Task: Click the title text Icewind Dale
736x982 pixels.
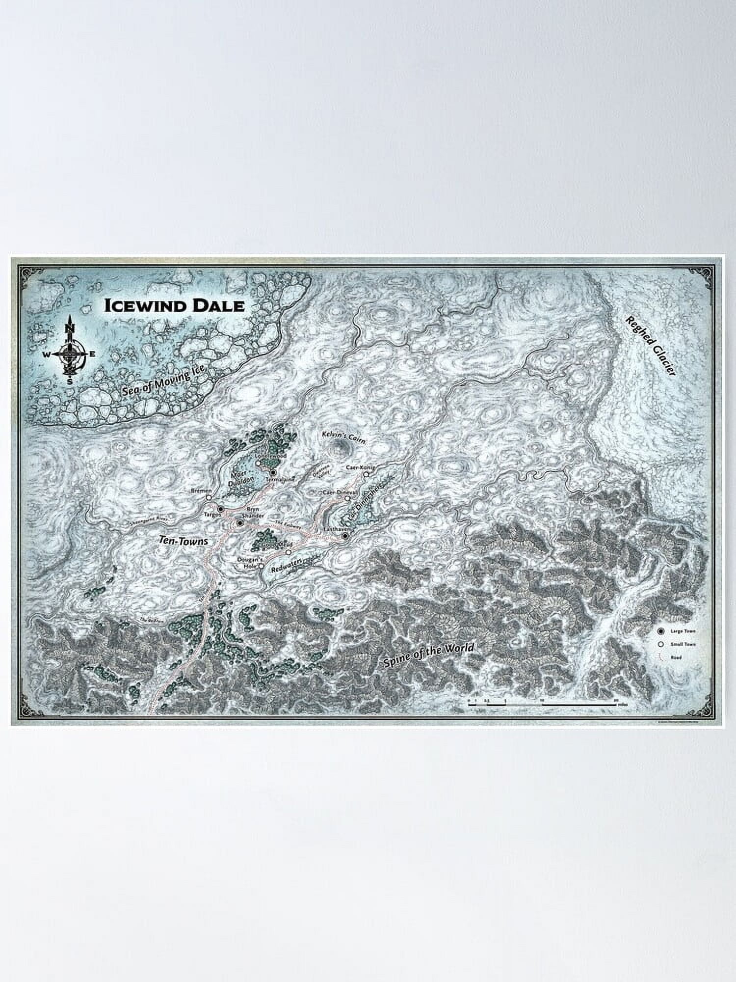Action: (x=174, y=305)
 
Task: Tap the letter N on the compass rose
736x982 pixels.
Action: (x=70, y=328)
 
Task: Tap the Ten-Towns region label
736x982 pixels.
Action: (x=184, y=541)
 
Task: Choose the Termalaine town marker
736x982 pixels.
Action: (x=273, y=472)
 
